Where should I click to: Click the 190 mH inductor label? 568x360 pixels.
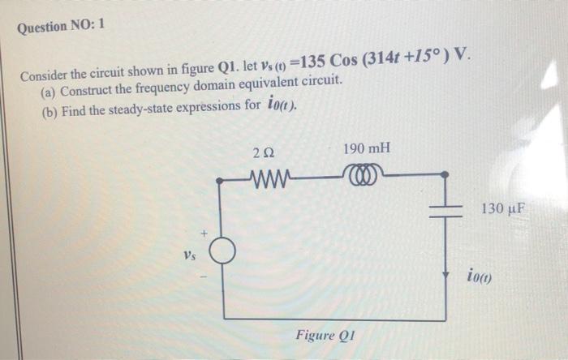pos(366,148)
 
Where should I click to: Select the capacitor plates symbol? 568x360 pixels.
pos(444,210)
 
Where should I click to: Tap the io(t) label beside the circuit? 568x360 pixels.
pos(484,275)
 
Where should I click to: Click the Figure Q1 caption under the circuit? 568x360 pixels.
pos(328,335)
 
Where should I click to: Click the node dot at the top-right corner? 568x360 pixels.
pos(444,174)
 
